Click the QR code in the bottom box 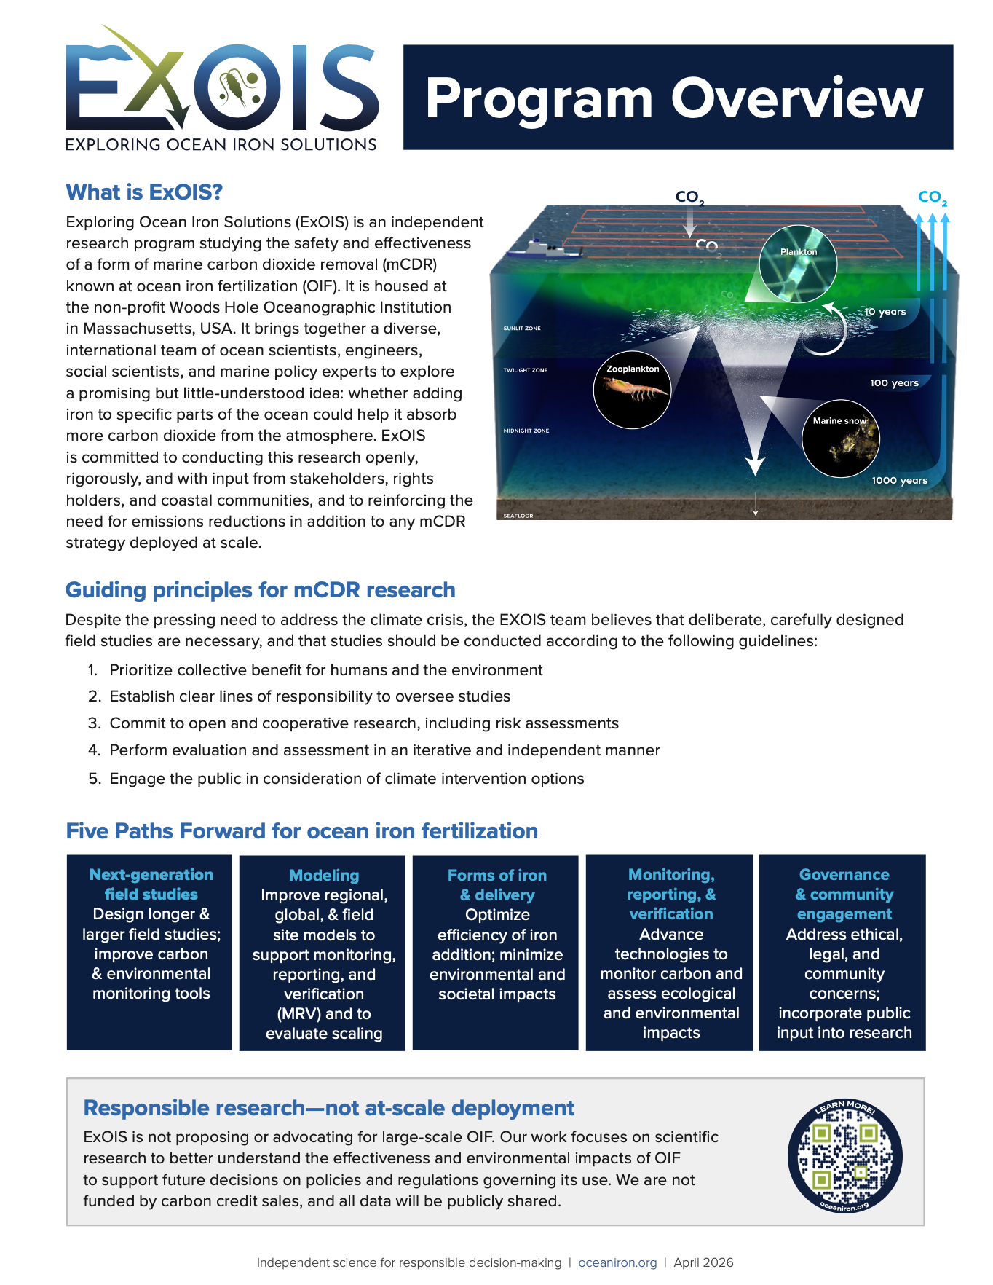coord(844,1156)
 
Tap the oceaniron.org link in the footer coord(617,1262)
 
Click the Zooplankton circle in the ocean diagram coord(632,391)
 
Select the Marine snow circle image coord(840,439)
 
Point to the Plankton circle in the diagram coord(798,264)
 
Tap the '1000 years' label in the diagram coord(899,480)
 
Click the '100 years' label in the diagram coord(894,382)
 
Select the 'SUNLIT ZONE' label coord(522,329)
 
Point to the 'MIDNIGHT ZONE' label coord(526,431)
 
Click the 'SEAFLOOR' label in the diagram coord(518,516)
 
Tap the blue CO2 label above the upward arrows coord(932,197)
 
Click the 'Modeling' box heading coord(324,875)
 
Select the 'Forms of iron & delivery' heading coord(497,884)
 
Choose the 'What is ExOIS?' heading coord(144,192)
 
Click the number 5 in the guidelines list coord(93,779)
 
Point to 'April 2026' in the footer coord(703,1262)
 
